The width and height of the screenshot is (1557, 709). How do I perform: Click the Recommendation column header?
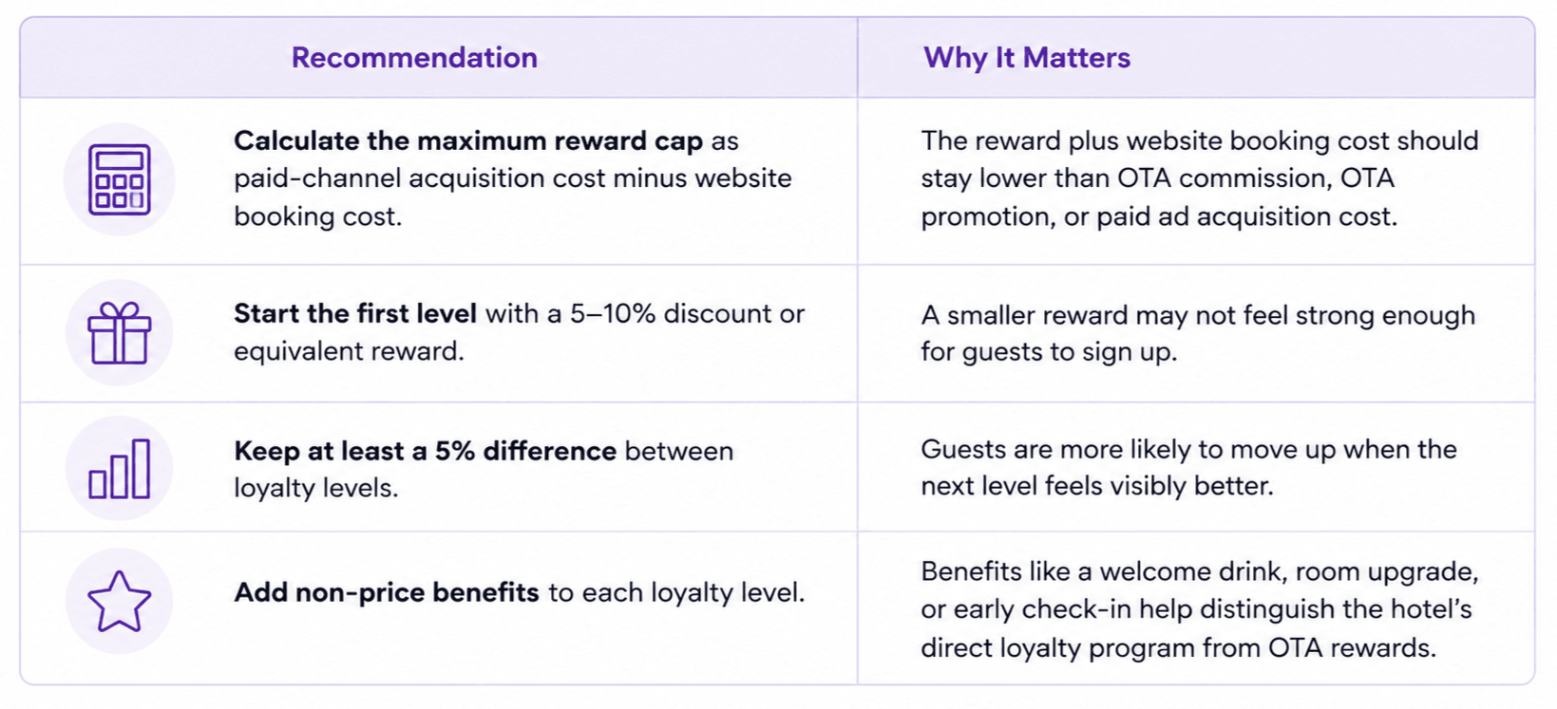click(x=414, y=58)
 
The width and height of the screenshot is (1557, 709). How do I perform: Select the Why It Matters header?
click(x=1027, y=58)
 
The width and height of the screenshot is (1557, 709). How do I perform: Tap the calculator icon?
click(x=120, y=179)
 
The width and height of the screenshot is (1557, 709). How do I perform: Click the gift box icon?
click(x=120, y=332)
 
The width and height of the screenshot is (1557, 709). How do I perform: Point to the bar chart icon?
click(x=120, y=469)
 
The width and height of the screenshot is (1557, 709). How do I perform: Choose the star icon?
click(x=120, y=602)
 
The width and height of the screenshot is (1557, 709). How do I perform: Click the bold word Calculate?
click(x=296, y=141)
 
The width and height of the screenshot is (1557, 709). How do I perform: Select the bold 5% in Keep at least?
click(x=455, y=452)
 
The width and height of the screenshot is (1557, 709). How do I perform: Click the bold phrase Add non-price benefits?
click(x=387, y=592)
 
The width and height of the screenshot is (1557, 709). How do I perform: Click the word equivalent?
click(x=297, y=351)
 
